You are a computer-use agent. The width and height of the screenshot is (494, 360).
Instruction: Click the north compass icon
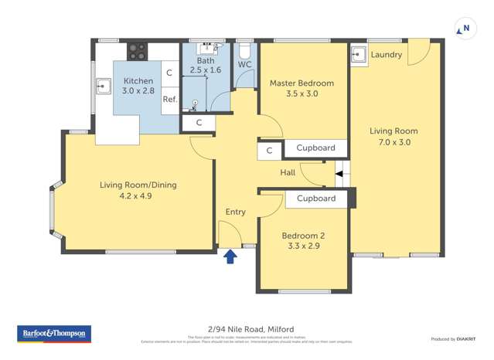tap(465, 29)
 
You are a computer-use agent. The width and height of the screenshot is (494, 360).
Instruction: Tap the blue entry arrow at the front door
tap(230, 256)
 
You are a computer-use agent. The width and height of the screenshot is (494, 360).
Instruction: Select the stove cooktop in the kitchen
tap(137, 52)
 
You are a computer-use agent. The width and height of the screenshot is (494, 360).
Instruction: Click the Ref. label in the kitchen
tap(170, 100)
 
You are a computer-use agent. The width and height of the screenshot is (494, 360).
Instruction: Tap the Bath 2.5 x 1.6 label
tap(206, 65)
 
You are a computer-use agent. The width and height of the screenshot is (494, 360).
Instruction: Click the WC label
tap(244, 64)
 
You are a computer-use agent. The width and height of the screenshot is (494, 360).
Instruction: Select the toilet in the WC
tap(244, 50)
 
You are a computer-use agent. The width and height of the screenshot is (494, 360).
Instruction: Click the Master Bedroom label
tap(302, 83)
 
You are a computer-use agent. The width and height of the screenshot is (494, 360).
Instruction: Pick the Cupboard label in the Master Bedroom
tap(315, 148)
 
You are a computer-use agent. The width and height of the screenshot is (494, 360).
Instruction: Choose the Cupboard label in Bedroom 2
tap(315, 199)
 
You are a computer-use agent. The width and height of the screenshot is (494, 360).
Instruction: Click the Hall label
tap(288, 173)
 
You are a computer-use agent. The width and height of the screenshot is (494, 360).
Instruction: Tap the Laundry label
tap(386, 55)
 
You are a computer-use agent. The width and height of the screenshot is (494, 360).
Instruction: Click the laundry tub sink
tap(358, 54)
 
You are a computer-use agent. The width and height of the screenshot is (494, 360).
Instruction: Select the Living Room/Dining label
tap(137, 185)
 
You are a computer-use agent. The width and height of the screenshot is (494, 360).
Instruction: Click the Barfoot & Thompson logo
tap(53, 334)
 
